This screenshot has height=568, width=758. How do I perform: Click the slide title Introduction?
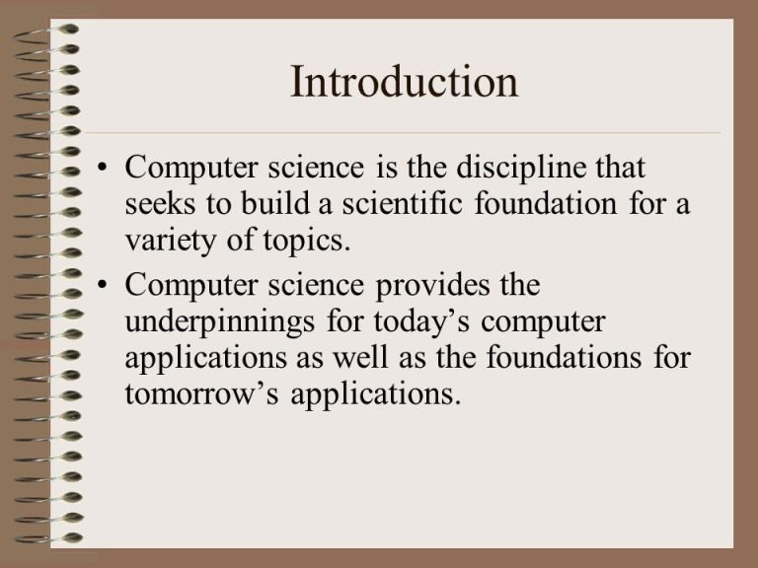404,82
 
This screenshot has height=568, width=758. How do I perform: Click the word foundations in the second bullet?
564,357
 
